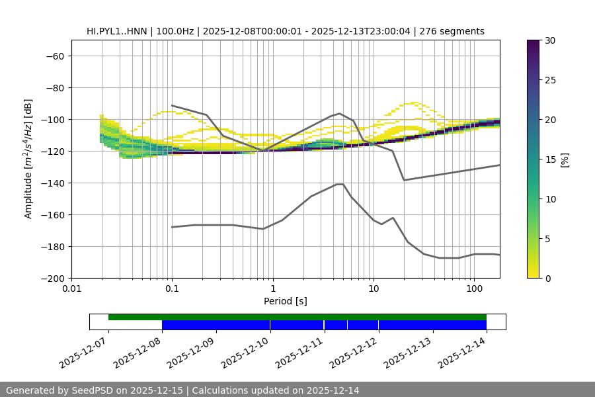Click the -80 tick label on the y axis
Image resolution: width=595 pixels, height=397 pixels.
point(54,88)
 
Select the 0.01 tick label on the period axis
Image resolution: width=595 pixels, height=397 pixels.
point(71,289)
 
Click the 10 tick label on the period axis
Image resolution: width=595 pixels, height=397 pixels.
point(373,289)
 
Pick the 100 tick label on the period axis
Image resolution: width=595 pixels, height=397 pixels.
point(474,289)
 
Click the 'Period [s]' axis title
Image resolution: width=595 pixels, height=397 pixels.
point(285,301)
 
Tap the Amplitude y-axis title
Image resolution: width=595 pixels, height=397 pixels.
point(28,159)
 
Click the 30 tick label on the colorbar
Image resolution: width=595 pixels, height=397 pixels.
point(549,41)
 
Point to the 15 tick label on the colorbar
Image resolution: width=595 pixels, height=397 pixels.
point(549,159)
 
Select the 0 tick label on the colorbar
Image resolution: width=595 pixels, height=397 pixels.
point(547,279)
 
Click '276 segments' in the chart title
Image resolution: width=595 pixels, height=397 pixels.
point(454,31)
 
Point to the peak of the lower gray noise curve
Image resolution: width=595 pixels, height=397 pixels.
point(340,184)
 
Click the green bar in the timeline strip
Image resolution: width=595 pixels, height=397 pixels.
point(297,317)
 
